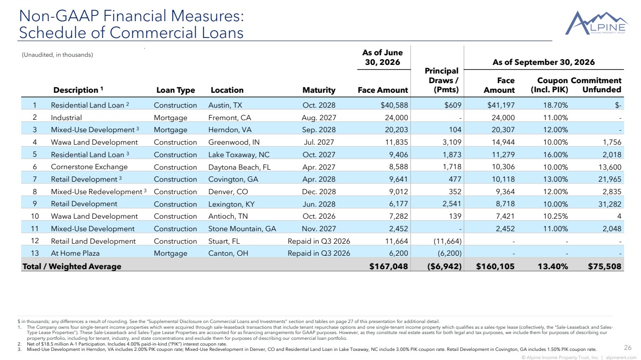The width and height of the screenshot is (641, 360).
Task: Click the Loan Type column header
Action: [x=176, y=90]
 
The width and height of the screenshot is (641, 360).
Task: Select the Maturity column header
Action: [x=319, y=90]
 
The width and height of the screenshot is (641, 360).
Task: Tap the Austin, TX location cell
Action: [x=225, y=105]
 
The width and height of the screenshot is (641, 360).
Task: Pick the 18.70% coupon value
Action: [x=555, y=105]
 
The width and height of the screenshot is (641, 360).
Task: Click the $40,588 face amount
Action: [x=394, y=105]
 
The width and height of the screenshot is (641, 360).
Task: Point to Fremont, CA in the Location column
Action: [x=229, y=118]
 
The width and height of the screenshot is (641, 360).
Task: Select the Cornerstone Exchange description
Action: [x=89, y=167]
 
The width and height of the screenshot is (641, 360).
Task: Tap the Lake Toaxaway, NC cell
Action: [x=239, y=155]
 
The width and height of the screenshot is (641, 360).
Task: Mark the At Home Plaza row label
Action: [x=75, y=253]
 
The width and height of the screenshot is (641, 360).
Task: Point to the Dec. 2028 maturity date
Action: [x=319, y=192]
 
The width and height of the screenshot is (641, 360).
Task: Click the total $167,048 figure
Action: [x=389, y=266]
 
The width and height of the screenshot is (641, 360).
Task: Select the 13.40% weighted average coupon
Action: [x=553, y=266]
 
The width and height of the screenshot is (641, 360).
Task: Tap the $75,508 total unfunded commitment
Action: [x=604, y=266]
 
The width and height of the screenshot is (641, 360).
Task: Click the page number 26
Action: [x=628, y=348]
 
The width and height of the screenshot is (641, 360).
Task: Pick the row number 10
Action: [x=35, y=216]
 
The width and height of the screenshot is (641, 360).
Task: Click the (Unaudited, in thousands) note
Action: [x=57, y=55]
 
